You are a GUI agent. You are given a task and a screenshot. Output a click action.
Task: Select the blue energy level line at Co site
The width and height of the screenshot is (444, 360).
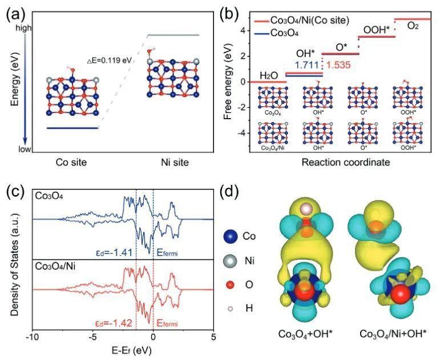tap(72, 128)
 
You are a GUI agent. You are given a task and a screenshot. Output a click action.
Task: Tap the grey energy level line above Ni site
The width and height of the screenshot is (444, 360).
tap(173, 35)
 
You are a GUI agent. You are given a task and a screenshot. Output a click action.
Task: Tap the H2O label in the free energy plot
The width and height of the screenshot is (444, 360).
tap(271, 75)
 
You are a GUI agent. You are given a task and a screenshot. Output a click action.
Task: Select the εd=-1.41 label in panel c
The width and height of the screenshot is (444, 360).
tap(115, 249)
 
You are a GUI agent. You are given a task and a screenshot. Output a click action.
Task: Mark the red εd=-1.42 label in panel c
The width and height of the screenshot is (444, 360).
tap(114, 323)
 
